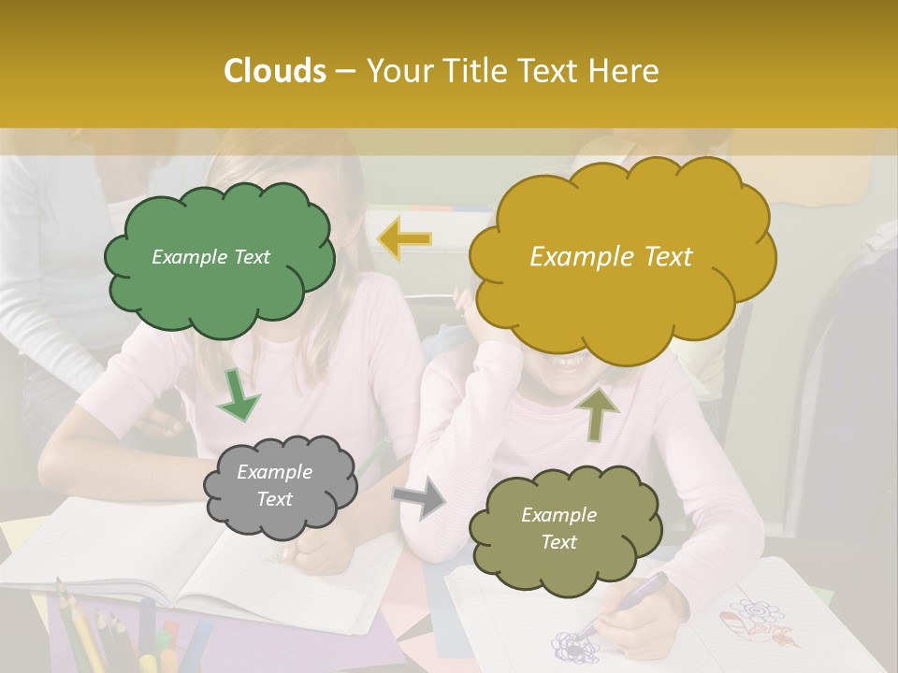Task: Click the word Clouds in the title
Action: click(275, 71)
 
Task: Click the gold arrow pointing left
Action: click(404, 239)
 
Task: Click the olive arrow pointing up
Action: click(598, 412)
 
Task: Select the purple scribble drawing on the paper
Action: click(571, 645)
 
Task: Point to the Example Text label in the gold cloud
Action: click(611, 256)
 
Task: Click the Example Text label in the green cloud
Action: click(210, 256)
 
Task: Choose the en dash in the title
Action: click(344, 72)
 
